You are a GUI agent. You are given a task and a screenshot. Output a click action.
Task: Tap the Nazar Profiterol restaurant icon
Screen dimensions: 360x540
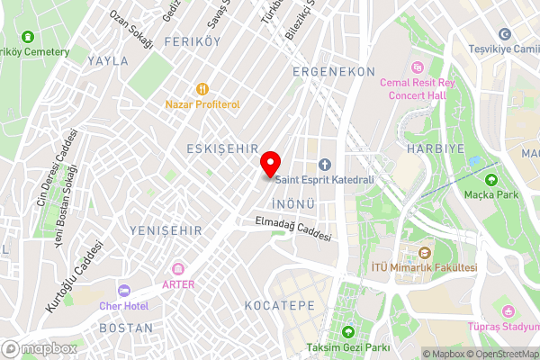(202, 89)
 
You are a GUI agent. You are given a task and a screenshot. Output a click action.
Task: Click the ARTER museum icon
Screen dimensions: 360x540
(178, 269)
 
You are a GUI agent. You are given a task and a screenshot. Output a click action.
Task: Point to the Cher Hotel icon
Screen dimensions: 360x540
(123, 291)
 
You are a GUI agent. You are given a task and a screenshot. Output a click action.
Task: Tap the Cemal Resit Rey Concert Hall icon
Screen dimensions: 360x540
(417, 67)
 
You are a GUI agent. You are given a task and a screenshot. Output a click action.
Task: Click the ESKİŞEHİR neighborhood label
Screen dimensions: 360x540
(222, 148)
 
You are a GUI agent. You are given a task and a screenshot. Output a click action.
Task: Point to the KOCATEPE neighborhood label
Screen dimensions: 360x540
(280, 305)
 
